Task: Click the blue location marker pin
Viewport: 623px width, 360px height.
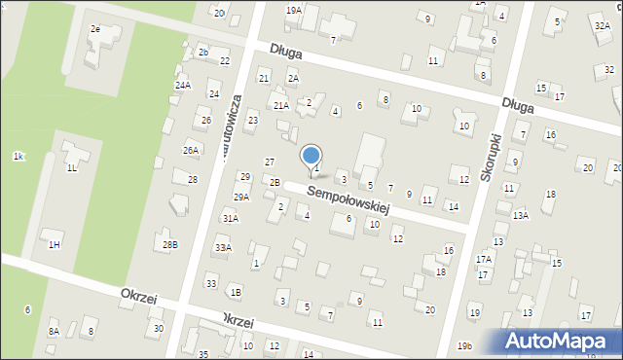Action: [x=311, y=156]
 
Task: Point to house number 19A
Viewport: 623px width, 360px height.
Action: [x=293, y=10]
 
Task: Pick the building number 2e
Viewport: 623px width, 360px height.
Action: [x=95, y=29]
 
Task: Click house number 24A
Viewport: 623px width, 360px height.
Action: [x=182, y=86]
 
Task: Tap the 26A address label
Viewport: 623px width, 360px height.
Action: [x=191, y=150]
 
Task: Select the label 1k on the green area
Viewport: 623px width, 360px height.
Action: [x=18, y=156]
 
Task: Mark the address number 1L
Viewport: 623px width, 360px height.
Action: [x=72, y=168]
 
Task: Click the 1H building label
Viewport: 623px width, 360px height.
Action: [x=54, y=244]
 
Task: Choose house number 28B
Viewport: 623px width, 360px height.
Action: [x=170, y=244]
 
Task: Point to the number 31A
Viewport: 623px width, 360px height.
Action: [x=230, y=219]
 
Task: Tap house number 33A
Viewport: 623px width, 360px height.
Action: [x=223, y=248]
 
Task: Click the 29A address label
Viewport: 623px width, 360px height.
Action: [x=240, y=197]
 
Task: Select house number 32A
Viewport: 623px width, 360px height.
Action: [x=602, y=26]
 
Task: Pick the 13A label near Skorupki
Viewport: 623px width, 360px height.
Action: [x=521, y=215]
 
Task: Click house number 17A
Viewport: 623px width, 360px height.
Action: [x=484, y=260]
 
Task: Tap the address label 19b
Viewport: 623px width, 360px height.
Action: [x=464, y=345]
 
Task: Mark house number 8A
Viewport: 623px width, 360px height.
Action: [x=54, y=331]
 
